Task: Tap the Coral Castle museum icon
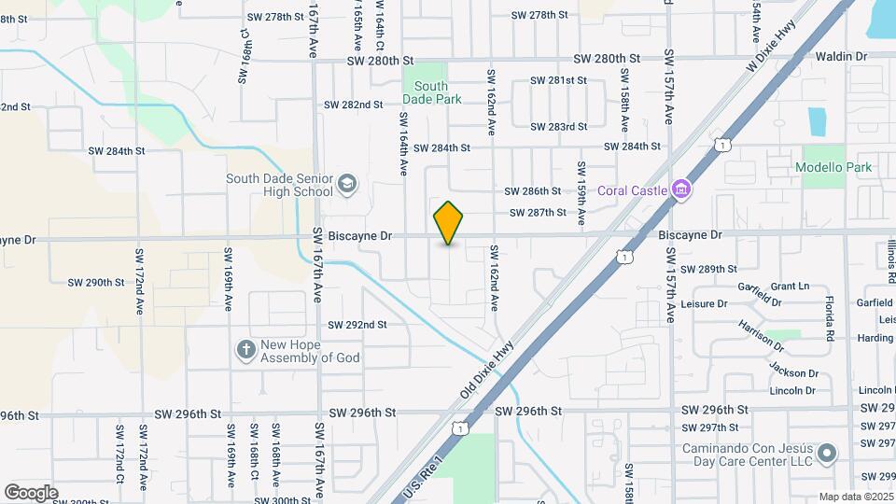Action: pos(682,190)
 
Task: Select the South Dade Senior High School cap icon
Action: pos(347,183)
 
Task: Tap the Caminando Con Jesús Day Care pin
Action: pos(827,455)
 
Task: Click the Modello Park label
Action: pos(833,168)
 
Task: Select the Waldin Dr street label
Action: pos(841,57)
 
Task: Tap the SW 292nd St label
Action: pos(357,325)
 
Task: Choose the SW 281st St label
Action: pos(559,80)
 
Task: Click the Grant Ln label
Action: pos(790,286)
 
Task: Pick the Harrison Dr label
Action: pos(763,335)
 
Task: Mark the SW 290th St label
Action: pos(96,282)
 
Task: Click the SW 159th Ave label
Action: pos(581,194)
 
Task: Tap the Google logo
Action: pos(31,492)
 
